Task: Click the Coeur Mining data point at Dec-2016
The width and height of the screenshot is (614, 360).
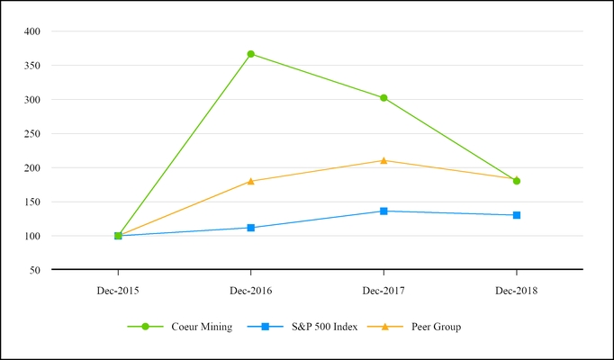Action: [251, 54]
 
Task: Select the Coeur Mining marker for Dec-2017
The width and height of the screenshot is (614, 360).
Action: [384, 98]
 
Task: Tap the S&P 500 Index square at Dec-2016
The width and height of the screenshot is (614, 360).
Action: [251, 228]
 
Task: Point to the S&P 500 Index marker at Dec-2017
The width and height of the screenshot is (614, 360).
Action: [384, 211]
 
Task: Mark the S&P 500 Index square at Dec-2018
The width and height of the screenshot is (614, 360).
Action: [517, 215]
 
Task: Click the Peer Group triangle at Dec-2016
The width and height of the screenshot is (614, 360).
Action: [251, 181]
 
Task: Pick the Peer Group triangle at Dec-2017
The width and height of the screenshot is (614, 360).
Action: [384, 160]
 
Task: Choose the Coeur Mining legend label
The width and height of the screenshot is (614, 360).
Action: [202, 327]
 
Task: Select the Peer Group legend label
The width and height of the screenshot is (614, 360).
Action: [436, 327]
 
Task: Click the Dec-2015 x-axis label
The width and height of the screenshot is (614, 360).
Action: [118, 292]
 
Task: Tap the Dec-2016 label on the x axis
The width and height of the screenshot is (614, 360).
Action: [251, 292]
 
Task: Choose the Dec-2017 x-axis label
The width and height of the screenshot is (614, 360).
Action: [384, 292]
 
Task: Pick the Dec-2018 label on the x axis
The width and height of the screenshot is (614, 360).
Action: [517, 292]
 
